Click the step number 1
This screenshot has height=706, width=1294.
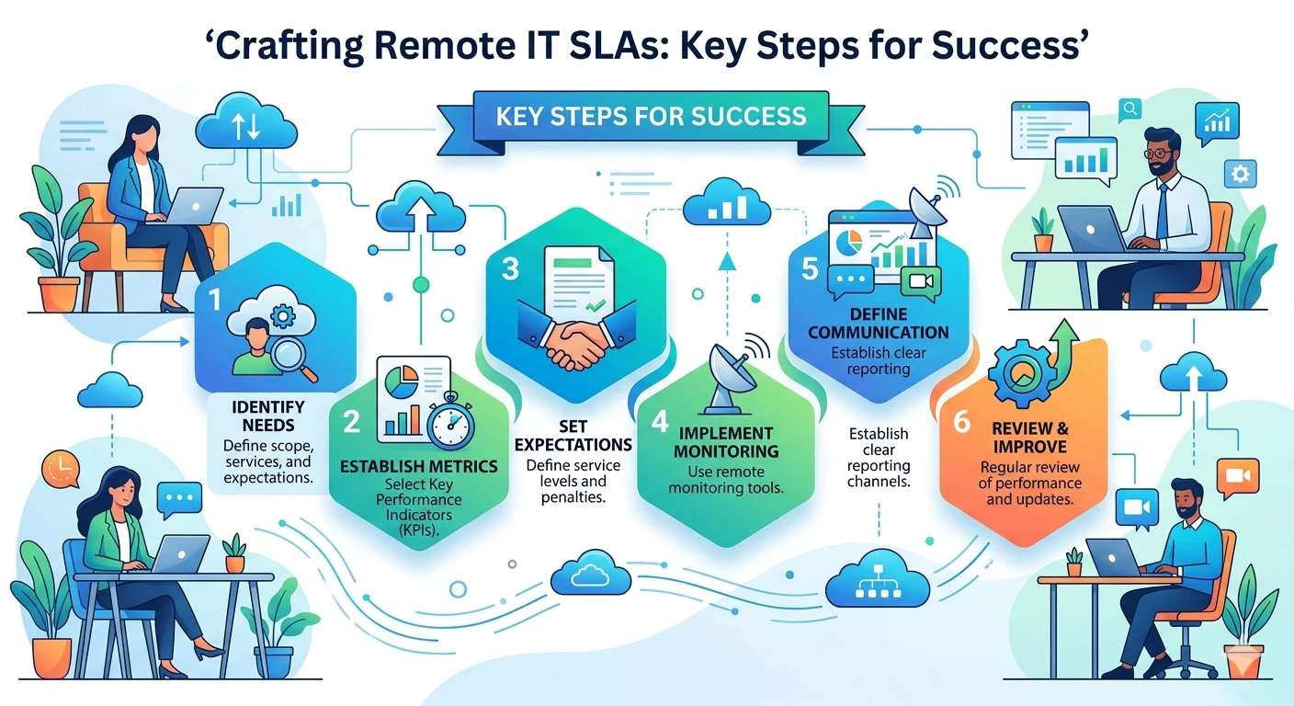pos(214,300)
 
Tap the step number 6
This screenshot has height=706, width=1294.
pos(962,421)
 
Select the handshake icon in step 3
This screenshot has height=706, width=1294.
pos(576,336)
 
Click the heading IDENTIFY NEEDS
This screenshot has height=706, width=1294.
pos(268,416)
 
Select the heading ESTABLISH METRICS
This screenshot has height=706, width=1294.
pos(419,466)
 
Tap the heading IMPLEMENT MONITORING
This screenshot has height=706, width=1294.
pos(725,442)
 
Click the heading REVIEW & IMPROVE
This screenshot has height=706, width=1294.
pos(1030,438)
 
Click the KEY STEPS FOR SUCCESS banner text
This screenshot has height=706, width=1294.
pos(651,116)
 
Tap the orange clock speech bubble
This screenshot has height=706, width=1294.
pos(61,469)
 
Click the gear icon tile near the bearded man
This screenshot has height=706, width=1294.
pos(1241,174)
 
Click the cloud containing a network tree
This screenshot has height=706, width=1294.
pos(878,578)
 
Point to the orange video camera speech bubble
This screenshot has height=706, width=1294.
pos(1237,478)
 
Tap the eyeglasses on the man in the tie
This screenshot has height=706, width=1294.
pos(1158,154)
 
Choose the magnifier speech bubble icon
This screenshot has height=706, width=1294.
pos(1129,109)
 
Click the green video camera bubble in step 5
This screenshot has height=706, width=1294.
pos(921,283)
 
